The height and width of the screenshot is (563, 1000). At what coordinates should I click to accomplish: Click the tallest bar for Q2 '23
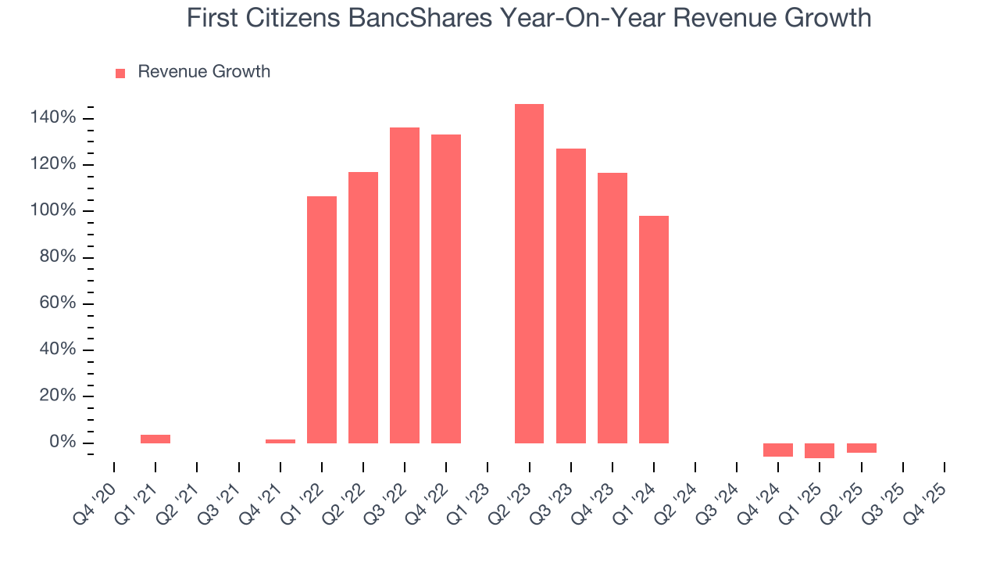529,274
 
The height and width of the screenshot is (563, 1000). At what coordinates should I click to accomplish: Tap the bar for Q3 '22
405,285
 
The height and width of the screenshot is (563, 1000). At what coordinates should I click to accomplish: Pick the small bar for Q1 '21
155,439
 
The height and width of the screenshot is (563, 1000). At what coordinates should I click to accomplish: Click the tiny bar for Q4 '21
280,441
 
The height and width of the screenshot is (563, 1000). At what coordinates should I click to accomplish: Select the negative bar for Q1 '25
820,450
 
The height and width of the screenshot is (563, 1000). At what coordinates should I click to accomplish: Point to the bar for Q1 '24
654,329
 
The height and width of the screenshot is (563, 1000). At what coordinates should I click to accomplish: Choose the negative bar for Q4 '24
778,450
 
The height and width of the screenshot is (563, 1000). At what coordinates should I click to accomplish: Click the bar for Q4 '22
446,289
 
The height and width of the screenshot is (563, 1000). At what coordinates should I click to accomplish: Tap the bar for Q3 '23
571,296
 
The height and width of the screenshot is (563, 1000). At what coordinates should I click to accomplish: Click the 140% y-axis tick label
53,118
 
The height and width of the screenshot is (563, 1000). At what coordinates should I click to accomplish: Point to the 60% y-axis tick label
58,303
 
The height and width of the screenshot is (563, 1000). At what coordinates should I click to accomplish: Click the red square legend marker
120,73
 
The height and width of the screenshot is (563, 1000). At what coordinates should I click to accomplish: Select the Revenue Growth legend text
204,72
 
